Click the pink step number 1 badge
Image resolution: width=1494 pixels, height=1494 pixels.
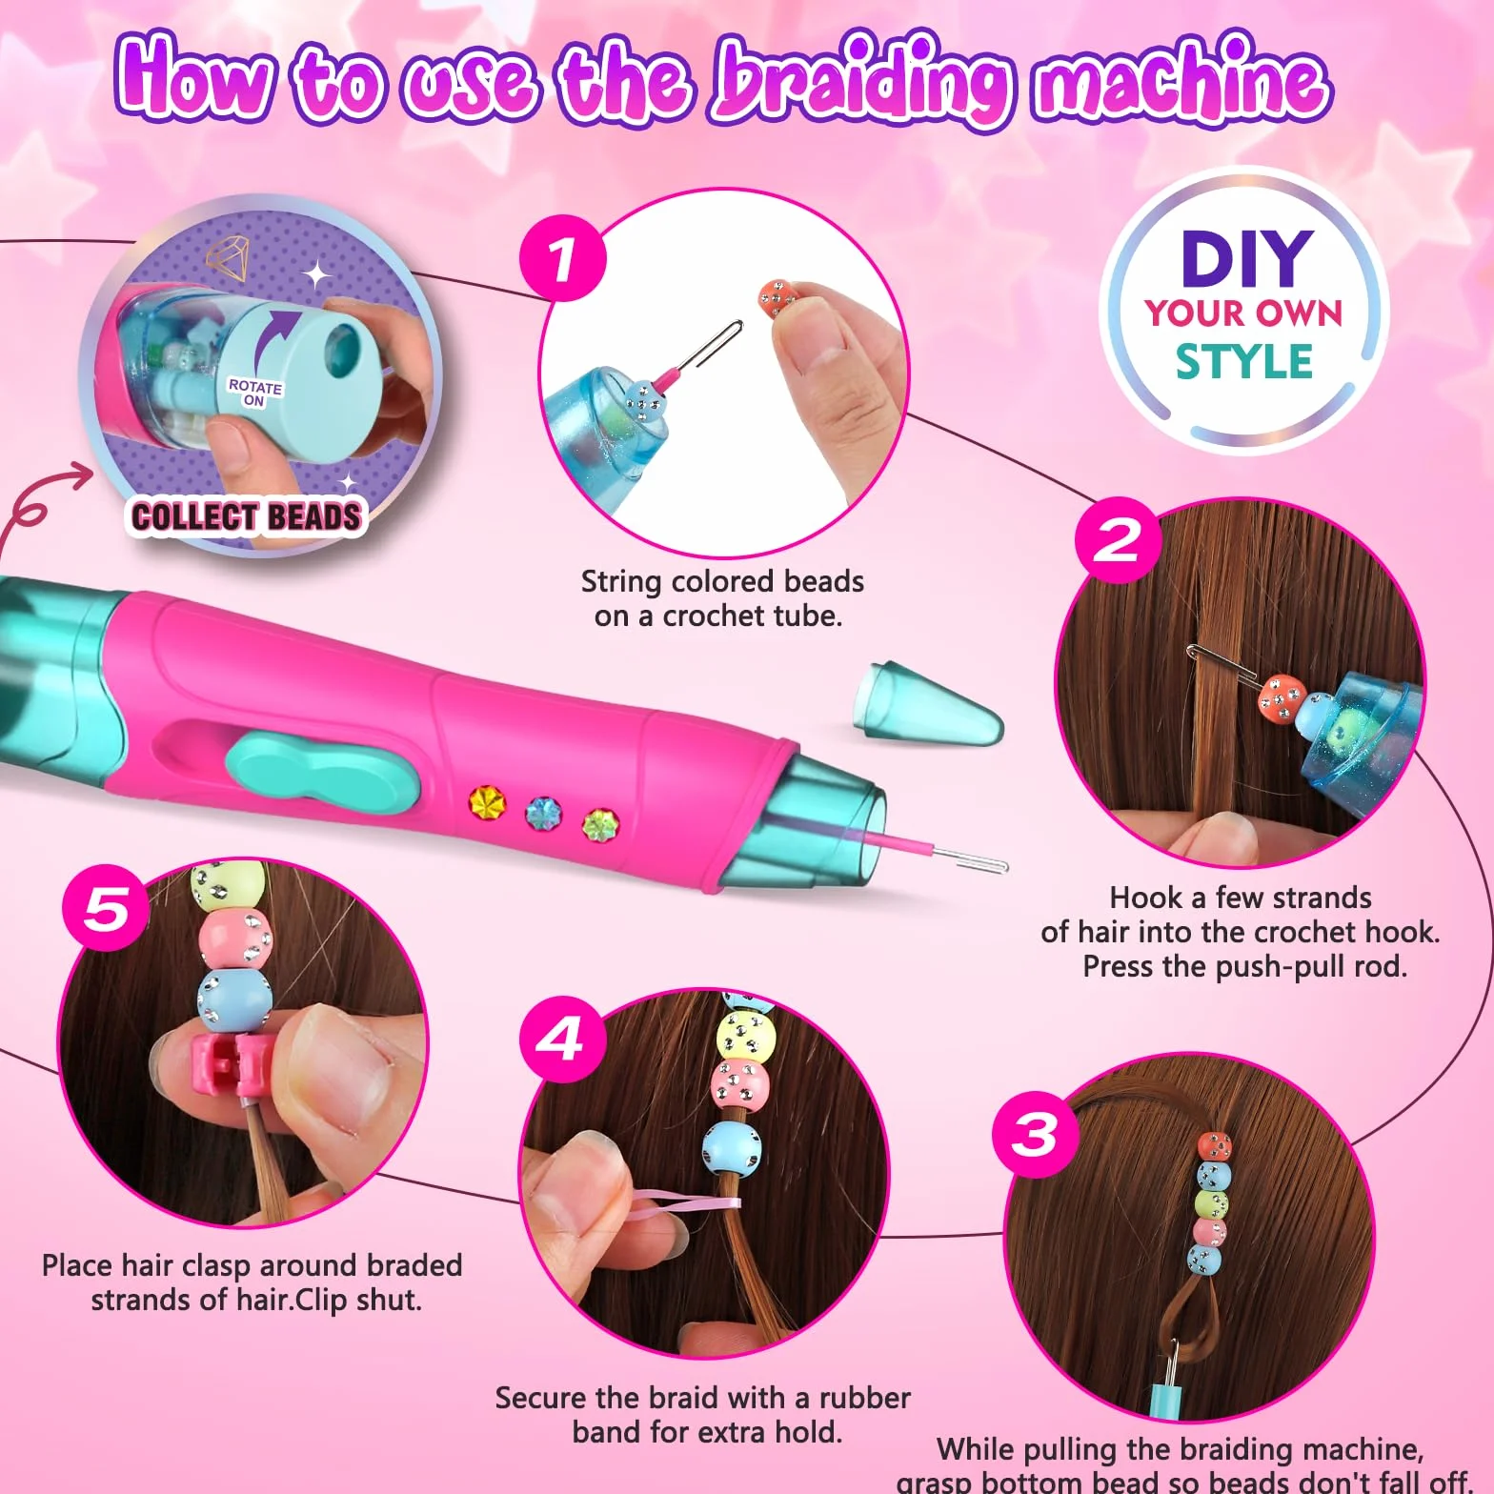[x=563, y=258]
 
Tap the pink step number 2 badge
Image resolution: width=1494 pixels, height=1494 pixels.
[x=1119, y=540]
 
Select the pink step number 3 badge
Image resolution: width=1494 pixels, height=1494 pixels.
[x=1036, y=1134]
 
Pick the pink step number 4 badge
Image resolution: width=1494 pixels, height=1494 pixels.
[x=563, y=1040]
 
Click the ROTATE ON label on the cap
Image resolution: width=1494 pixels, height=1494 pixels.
[x=254, y=393]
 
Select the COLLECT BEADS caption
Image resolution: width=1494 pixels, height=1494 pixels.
[x=247, y=516]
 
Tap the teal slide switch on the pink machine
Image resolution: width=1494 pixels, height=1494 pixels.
[x=324, y=768]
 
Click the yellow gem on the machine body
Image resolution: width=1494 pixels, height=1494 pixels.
[x=487, y=801]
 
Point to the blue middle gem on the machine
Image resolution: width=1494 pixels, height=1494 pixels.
[x=544, y=814]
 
